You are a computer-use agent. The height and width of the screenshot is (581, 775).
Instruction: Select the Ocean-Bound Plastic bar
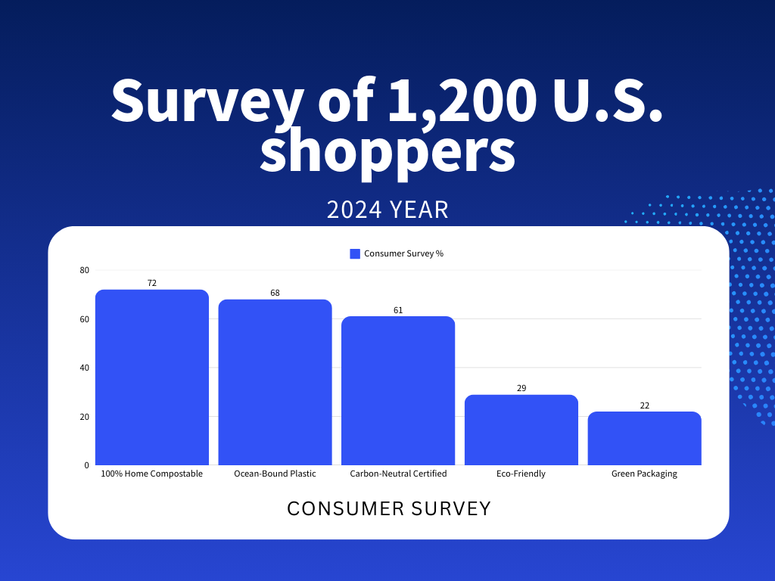coord(275,382)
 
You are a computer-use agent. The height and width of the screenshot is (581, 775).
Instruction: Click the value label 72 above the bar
coord(152,283)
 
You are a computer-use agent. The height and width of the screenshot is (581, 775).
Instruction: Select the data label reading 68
coord(275,293)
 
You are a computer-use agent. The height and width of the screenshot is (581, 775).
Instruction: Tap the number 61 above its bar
coord(398,310)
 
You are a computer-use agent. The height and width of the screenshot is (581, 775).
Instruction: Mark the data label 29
coord(521,388)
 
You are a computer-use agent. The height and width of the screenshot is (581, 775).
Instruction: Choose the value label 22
coord(644,405)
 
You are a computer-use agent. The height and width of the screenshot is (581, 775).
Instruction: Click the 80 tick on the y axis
coord(84,270)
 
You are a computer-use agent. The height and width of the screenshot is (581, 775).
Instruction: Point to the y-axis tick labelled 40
coord(84,368)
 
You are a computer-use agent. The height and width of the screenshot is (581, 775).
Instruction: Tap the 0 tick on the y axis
coord(86,465)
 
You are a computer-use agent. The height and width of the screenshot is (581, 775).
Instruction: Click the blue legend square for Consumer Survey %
coord(355,253)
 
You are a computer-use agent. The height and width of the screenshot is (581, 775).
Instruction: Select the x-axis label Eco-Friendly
coord(521,474)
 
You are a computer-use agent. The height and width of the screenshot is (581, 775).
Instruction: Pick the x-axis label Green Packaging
coord(644,474)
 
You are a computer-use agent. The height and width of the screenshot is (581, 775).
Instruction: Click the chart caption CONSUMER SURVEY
coord(389,508)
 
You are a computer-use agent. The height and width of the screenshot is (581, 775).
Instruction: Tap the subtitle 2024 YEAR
coord(387,210)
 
